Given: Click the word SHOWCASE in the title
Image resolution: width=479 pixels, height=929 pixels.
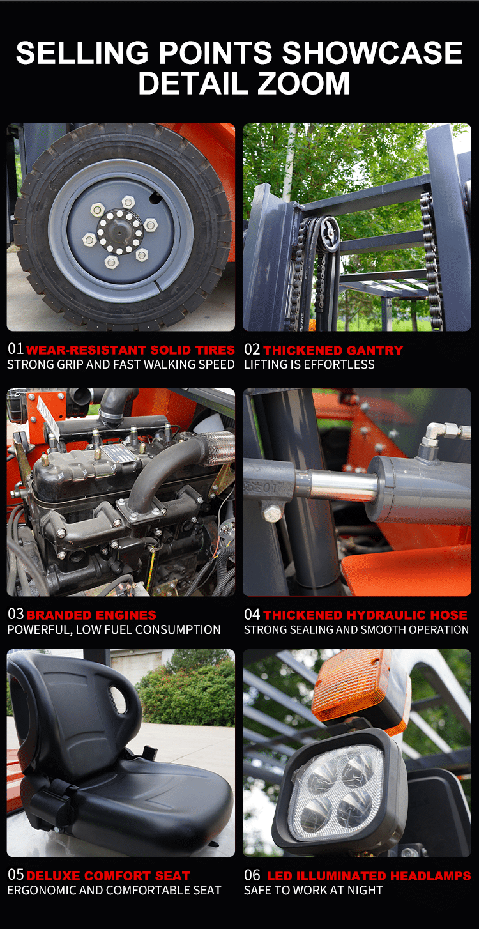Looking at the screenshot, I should point(372,52).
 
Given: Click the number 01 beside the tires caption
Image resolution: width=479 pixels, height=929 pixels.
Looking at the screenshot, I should point(15,349).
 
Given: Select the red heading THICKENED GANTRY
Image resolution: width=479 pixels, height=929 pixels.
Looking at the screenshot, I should point(333,350).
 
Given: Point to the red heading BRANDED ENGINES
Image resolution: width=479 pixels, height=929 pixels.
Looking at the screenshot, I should point(91,615).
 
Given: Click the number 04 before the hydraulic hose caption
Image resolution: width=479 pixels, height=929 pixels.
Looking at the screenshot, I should point(252,615).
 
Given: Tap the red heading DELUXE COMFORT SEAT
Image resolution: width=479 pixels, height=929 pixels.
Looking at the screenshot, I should point(108,876).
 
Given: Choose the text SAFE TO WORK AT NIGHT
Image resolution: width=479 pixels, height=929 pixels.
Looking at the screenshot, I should point(313,890).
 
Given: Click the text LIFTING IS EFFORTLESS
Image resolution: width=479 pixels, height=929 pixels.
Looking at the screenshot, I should point(309,364).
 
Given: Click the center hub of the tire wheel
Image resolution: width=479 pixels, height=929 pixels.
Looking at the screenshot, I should point(120,232).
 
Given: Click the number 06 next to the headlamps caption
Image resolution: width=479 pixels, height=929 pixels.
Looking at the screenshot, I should point(252,875).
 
